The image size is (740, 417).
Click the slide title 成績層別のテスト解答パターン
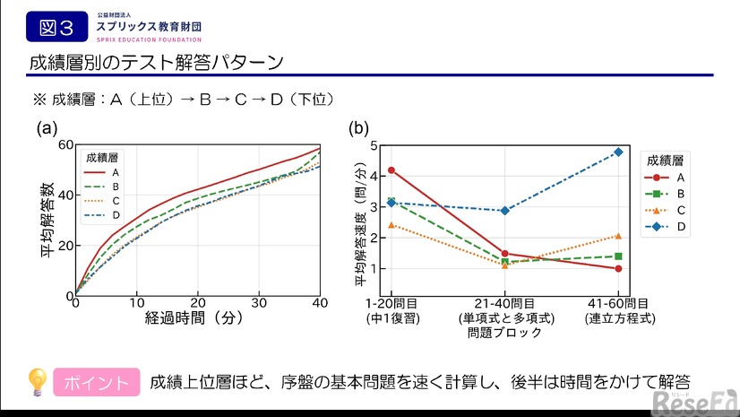tap(157, 63)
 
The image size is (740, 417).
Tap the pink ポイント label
tap(97, 383)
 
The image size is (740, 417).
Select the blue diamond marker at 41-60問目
tap(618, 152)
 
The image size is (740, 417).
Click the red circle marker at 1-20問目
tap(392, 170)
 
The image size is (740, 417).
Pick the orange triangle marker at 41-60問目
tap(618, 236)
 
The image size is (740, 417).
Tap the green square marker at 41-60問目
tap(618, 256)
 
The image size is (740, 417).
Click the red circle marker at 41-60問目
tap(618, 268)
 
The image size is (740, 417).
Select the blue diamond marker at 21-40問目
tap(505, 211)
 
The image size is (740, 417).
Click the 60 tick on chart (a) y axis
tap(65, 144)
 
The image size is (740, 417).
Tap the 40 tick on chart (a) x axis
tap(320, 303)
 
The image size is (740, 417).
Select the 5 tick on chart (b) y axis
tap(372, 144)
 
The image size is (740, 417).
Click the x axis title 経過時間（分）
tap(197, 318)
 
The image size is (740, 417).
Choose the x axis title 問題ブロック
tap(504, 333)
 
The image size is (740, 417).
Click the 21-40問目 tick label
tap(505, 304)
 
